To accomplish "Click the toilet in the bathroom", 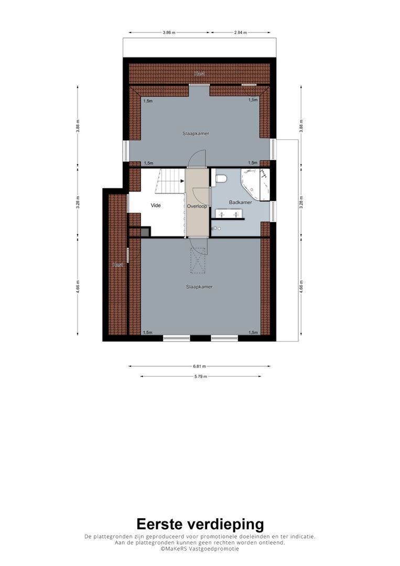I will (x=221, y=179).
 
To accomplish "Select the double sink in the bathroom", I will (x=229, y=214).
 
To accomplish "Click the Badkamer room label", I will (x=240, y=202).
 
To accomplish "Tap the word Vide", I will (x=156, y=205).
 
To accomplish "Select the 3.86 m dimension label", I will (x=168, y=32).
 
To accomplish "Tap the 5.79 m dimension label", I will (x=200, y=376).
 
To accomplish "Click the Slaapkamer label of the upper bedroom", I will (x=196, y=134).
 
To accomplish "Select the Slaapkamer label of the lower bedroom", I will (x=199, y=287).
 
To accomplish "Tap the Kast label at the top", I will (x=199, y=74).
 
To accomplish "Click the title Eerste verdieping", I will (x=200, y=524).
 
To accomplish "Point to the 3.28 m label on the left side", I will (x=78, y=201).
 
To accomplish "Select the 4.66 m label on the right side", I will (x=301, y=287).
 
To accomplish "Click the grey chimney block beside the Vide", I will (x=145, y=231).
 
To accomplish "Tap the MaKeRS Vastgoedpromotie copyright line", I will (x=200, y=549).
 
